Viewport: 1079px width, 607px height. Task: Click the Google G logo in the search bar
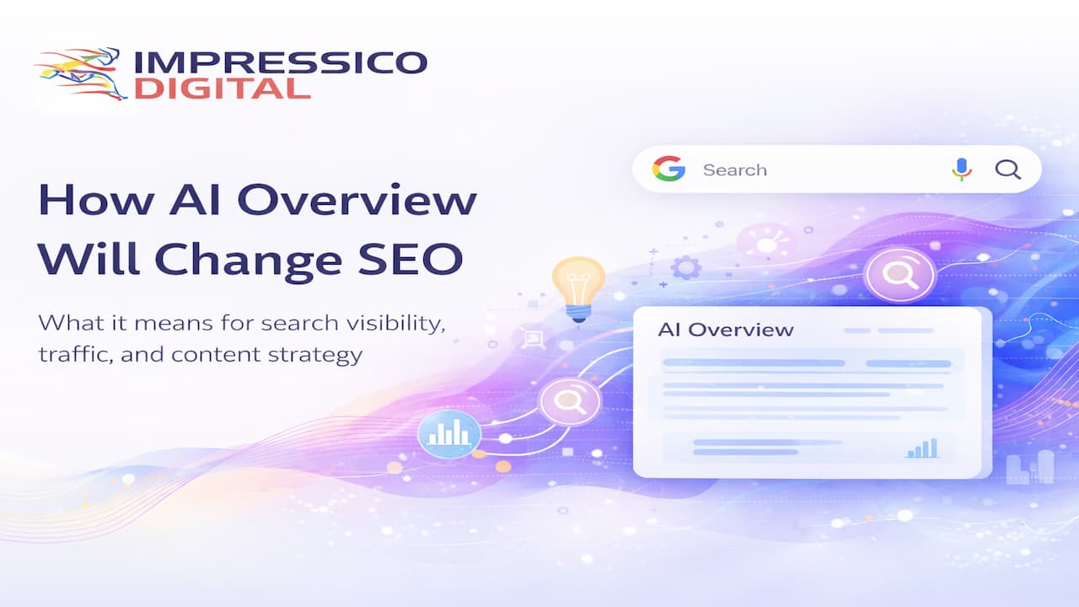point(668,169)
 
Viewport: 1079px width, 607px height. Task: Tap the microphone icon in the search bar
point(961,169)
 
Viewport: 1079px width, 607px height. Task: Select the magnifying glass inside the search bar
point(1007,169)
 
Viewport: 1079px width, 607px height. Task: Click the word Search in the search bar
point(734,170)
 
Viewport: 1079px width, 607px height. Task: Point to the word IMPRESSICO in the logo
point(281,62)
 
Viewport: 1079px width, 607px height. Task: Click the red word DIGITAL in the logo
point(222,89)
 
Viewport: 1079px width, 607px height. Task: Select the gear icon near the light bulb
point(685,268)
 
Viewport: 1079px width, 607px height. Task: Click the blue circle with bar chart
point(448,434)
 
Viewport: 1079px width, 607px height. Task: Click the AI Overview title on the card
point(725,329)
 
